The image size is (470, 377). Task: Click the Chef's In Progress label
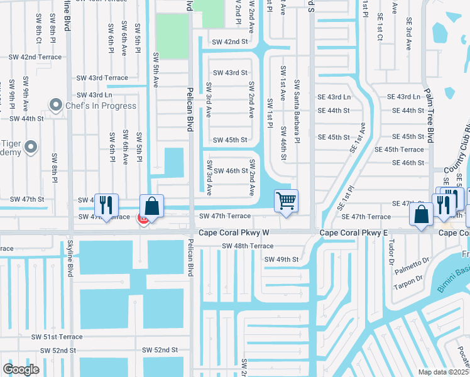[101, 106]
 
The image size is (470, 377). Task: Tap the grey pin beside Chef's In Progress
[57, 105]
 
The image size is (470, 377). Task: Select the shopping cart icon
[286, 201]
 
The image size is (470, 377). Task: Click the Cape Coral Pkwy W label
[234, 232]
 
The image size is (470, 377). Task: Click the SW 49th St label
[281, 259]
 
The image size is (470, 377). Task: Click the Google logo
[21, 369]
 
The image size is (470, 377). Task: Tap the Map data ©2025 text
[442, 372]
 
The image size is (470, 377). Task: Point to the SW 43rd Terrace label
[102, 78]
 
